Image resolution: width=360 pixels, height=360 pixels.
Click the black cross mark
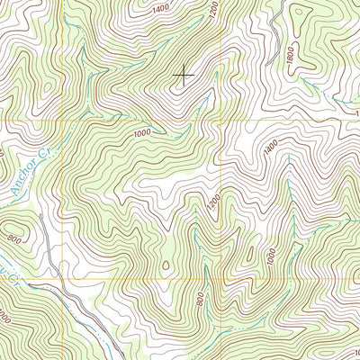(183, 76)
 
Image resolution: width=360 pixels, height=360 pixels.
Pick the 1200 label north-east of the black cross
(213, 13)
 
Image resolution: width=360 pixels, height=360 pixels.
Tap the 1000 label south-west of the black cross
(140, 133)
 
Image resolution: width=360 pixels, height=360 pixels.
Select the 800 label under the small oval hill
(14, 239)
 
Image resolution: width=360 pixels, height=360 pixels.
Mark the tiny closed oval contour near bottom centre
(166, 264)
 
